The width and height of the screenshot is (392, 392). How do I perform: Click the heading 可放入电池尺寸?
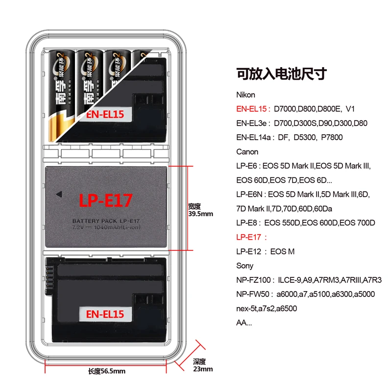click(x=281, y=74)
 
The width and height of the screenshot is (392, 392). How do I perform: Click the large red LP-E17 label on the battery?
click(x=106, y=200)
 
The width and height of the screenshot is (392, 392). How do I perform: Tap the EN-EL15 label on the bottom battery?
click(x=105, y=314)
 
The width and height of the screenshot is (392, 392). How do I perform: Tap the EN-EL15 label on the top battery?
click(x=105, y=115)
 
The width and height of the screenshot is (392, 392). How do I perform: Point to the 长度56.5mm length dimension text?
click(x=106, y=371)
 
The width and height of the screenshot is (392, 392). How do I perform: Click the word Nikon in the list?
click(x=245, y=95)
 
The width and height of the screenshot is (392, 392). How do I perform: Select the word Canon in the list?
click(x=247, y=151)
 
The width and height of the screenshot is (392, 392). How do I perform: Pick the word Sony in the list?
click(x=245, y=266)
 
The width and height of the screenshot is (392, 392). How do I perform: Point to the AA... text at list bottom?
click(x=244, y=322)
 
